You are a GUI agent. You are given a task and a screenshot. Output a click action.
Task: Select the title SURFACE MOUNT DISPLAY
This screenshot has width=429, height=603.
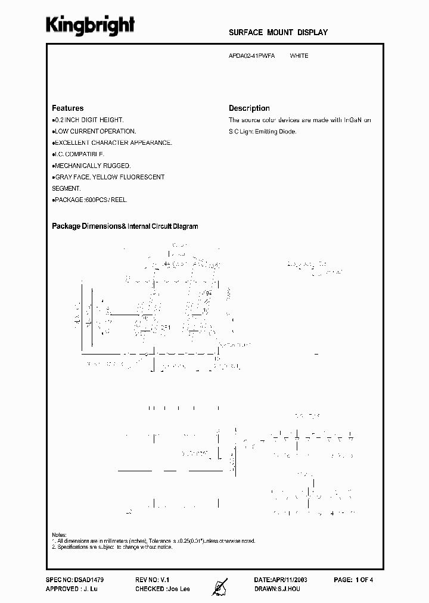coord(278,32)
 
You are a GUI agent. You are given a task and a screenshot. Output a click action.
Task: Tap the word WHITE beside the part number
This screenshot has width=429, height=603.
coord(299,56)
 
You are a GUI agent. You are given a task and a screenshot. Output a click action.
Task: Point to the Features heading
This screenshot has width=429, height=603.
coord(68,108)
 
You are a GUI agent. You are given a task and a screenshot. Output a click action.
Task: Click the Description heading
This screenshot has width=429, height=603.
coord(249,108)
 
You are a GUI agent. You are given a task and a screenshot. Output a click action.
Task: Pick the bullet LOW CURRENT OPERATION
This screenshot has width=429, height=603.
coord(95,131)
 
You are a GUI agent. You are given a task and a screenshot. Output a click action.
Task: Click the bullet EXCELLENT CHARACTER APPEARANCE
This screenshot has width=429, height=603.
coord(113,143)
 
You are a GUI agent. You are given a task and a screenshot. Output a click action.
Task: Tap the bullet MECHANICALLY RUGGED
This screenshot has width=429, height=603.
coord(92,166)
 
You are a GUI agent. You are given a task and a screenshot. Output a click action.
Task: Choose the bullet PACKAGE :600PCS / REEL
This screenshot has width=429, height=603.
coord(90,200)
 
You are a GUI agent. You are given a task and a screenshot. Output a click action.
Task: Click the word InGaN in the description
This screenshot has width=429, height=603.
coord(354,120)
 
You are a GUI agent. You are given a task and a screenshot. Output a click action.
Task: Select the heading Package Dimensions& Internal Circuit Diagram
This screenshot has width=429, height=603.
coord(125,226)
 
